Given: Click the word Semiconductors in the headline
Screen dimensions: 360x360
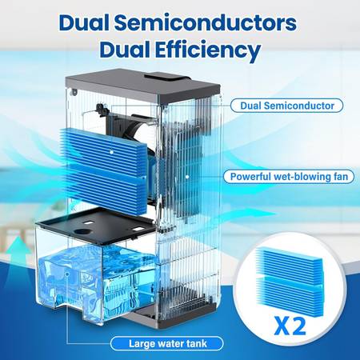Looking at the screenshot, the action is pos(206,22).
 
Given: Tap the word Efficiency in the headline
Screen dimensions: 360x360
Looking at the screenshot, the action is pos(208,50).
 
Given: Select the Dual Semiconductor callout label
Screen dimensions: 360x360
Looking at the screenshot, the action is pos(287,106).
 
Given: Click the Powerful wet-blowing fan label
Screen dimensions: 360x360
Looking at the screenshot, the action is pos(289,177).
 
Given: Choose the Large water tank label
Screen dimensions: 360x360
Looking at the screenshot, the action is pos(167,343).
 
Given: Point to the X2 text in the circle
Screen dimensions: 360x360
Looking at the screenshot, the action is pos(290,326).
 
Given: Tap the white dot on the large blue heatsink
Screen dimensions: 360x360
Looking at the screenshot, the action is pos(112,152).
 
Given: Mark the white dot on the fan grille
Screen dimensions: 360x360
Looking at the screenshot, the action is pos(187,177).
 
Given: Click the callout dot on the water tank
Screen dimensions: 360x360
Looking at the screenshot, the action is pos(67,274).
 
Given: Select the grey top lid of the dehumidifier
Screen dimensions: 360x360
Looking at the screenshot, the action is pos(142,86).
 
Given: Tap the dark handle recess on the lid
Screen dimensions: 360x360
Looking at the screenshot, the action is pos(166,78).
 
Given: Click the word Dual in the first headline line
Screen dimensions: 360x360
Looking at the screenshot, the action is pos(84,22).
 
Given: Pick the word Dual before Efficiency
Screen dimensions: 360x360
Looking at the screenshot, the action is pos(125,50).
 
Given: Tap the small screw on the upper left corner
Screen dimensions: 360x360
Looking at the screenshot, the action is pos(74,93).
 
